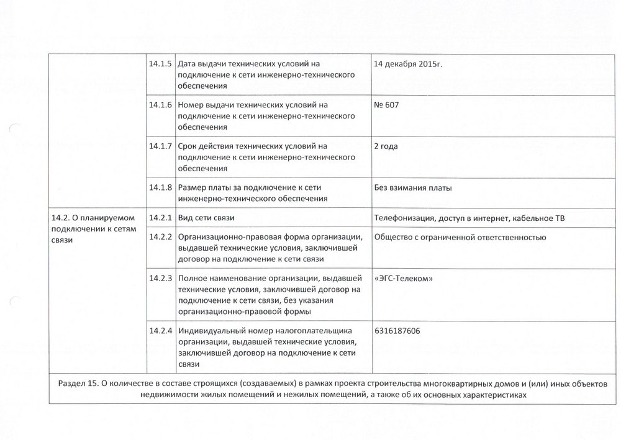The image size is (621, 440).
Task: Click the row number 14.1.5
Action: tap(160, 64)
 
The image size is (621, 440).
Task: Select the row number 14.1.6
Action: tap(160, 105)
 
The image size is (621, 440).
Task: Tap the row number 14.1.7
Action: tap(160, 146)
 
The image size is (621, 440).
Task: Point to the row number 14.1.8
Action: tap(160, 187)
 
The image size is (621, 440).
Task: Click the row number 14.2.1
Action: tap(160, 217)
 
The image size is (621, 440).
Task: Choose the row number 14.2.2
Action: tap(160, 237)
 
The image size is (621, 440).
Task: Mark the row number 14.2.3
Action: tap(160, 278)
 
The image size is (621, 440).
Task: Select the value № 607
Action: tap(386, 105)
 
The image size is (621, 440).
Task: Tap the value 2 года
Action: tap(386, 146)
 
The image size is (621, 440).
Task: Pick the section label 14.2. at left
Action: tap(61, 217)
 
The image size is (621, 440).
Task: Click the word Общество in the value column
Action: tap(393, 237)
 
